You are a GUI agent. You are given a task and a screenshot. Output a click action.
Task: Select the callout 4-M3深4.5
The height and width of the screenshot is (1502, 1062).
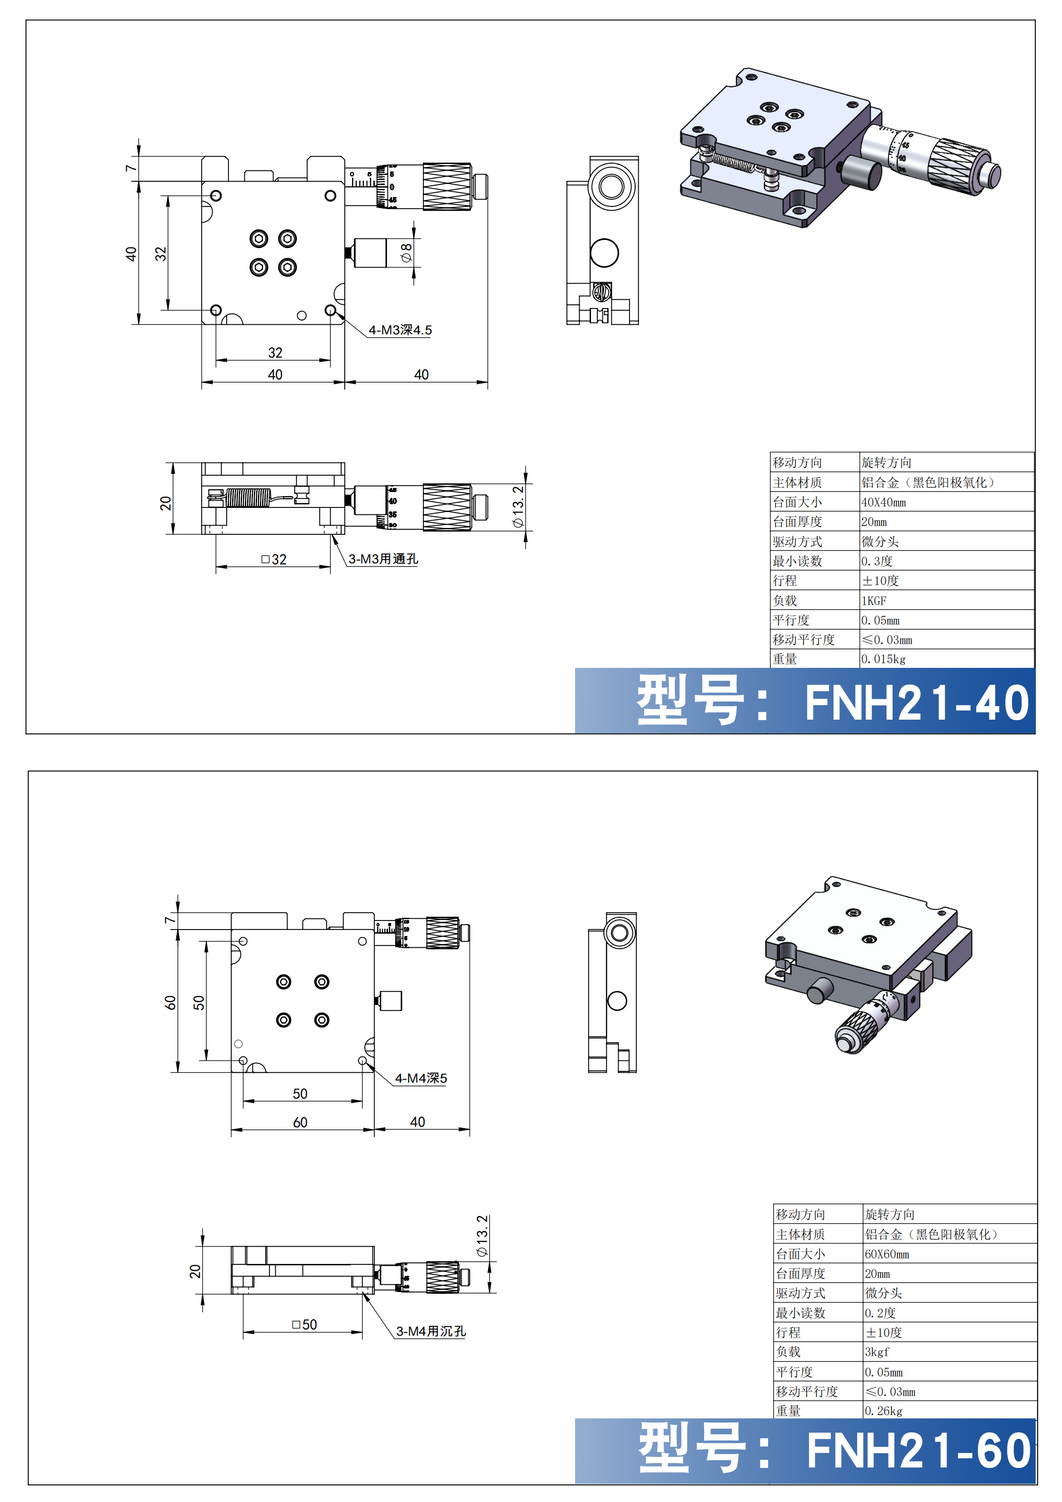400,330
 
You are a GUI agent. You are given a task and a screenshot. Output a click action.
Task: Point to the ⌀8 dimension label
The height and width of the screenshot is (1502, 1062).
407,253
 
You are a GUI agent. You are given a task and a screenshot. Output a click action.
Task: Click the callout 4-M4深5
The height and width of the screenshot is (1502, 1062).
421,1078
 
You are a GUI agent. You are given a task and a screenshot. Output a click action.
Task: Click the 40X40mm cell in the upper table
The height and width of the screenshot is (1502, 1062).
883,502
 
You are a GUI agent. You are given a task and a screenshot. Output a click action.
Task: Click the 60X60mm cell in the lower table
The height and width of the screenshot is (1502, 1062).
887,1254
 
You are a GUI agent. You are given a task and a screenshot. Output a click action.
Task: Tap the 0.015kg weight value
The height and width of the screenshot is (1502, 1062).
883,659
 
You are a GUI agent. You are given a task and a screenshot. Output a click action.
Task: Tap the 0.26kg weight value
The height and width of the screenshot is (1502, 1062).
883,1411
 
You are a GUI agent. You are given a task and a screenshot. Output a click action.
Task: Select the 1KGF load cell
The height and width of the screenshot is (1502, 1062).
874,601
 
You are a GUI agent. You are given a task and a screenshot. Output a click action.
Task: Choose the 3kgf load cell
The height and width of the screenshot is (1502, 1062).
877,1352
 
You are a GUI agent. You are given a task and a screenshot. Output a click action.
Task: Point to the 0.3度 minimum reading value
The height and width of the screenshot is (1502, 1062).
877,561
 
